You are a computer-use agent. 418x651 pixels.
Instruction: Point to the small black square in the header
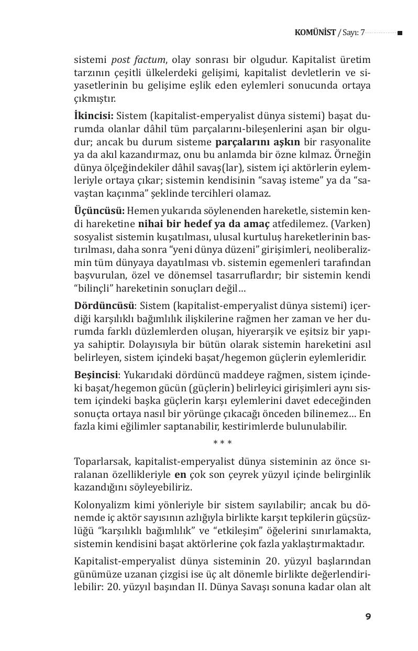400,33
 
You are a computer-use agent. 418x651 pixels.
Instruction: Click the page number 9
368,616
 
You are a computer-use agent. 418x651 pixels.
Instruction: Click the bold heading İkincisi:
94,115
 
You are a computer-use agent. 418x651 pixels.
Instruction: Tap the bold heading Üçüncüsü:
99,210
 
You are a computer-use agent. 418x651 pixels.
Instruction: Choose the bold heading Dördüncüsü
104,305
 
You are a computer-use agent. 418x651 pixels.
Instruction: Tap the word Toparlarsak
102,462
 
